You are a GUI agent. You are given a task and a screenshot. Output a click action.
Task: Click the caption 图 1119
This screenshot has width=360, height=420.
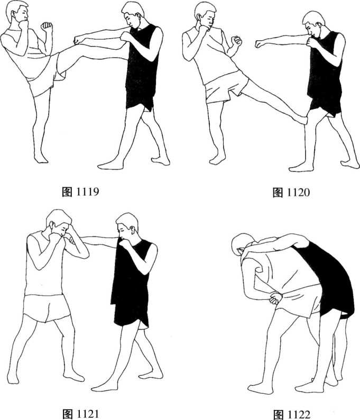click(x=80, y=192)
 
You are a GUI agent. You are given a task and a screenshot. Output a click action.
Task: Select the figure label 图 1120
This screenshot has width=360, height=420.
click(x=291, y=192)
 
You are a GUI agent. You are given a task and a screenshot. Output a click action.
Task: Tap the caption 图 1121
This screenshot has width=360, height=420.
click(x=80, y=414)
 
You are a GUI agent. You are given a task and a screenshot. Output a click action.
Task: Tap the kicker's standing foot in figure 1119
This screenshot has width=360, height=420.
click(x=41, y=158)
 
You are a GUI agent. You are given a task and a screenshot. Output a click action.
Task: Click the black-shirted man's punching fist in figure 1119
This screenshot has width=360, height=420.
click(x=78, y=40)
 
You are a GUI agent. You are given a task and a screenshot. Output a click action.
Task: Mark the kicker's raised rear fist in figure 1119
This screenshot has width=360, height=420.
click(x=47, y=26)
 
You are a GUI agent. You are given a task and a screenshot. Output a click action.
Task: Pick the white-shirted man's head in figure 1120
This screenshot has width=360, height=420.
click(x=206, y=15)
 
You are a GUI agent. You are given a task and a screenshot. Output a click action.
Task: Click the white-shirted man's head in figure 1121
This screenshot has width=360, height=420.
click(x=59, y=222)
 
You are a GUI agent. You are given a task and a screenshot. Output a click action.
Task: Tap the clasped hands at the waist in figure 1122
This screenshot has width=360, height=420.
click(x=276, y=298)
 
